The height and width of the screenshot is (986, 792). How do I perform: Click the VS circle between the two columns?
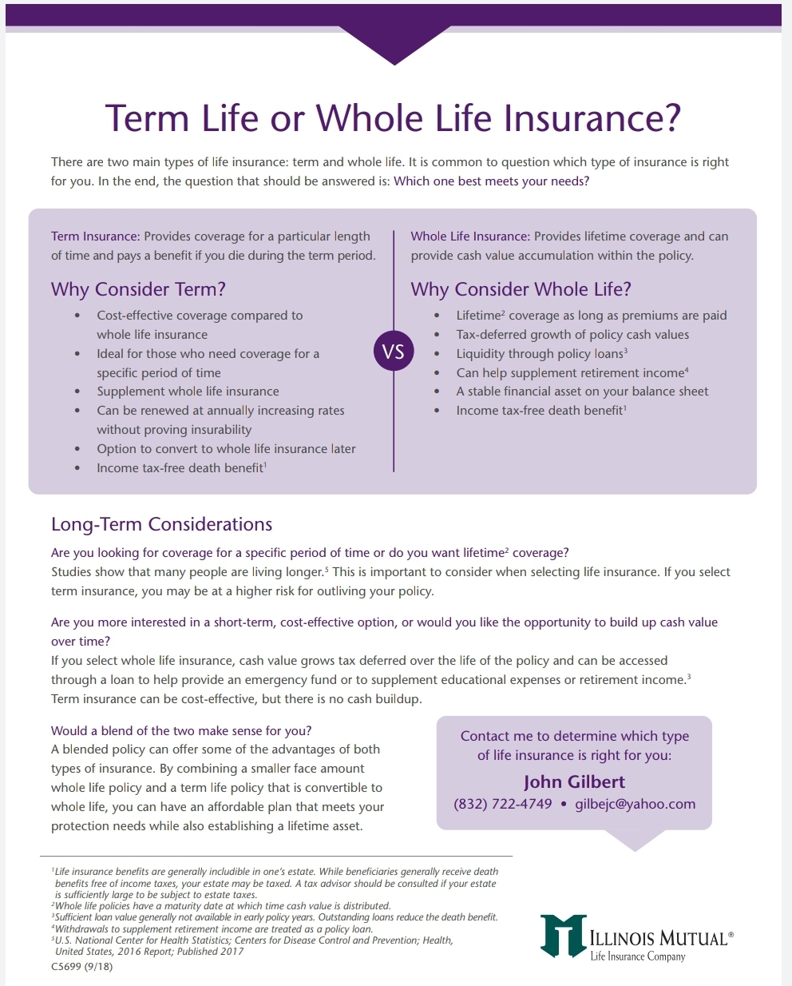click(x=394, y=351)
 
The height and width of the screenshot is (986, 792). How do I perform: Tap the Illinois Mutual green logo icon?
click(x=563, y=936)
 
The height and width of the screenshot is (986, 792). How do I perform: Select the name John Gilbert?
click(x=574, y=781)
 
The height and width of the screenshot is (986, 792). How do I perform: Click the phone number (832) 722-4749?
click(x=503, y=804)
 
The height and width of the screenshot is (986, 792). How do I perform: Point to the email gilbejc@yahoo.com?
click(x=635, y=804)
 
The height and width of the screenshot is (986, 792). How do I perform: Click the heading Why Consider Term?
click(x=138, y=289)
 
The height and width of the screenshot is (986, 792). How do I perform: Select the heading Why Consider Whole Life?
click(x=521, y=289)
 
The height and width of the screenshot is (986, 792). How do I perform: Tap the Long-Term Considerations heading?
click(x=161, y=524)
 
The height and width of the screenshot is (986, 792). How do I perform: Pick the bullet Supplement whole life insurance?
click(x=188, y=392)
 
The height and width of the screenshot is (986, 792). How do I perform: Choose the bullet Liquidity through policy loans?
click(x=541, y=354)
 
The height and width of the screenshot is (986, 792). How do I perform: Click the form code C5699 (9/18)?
click(x=82, y=966)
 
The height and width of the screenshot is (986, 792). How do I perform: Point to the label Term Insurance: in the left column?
click(x=95, y=237)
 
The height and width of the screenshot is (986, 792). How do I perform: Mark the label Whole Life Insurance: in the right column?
click(x=470, y=237)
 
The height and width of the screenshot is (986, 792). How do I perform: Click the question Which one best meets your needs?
click(x=491, y=181)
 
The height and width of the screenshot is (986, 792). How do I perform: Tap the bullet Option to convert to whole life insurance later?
click(x=226, y=449)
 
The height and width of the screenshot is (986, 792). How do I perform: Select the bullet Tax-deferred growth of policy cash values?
click(x=572, y=335)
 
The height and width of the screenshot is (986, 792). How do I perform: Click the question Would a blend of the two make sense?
click(x=181, y=730)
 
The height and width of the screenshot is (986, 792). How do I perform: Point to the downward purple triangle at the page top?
click(x=394, y=45)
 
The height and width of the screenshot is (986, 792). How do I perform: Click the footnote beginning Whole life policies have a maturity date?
click(x=221, y=906)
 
